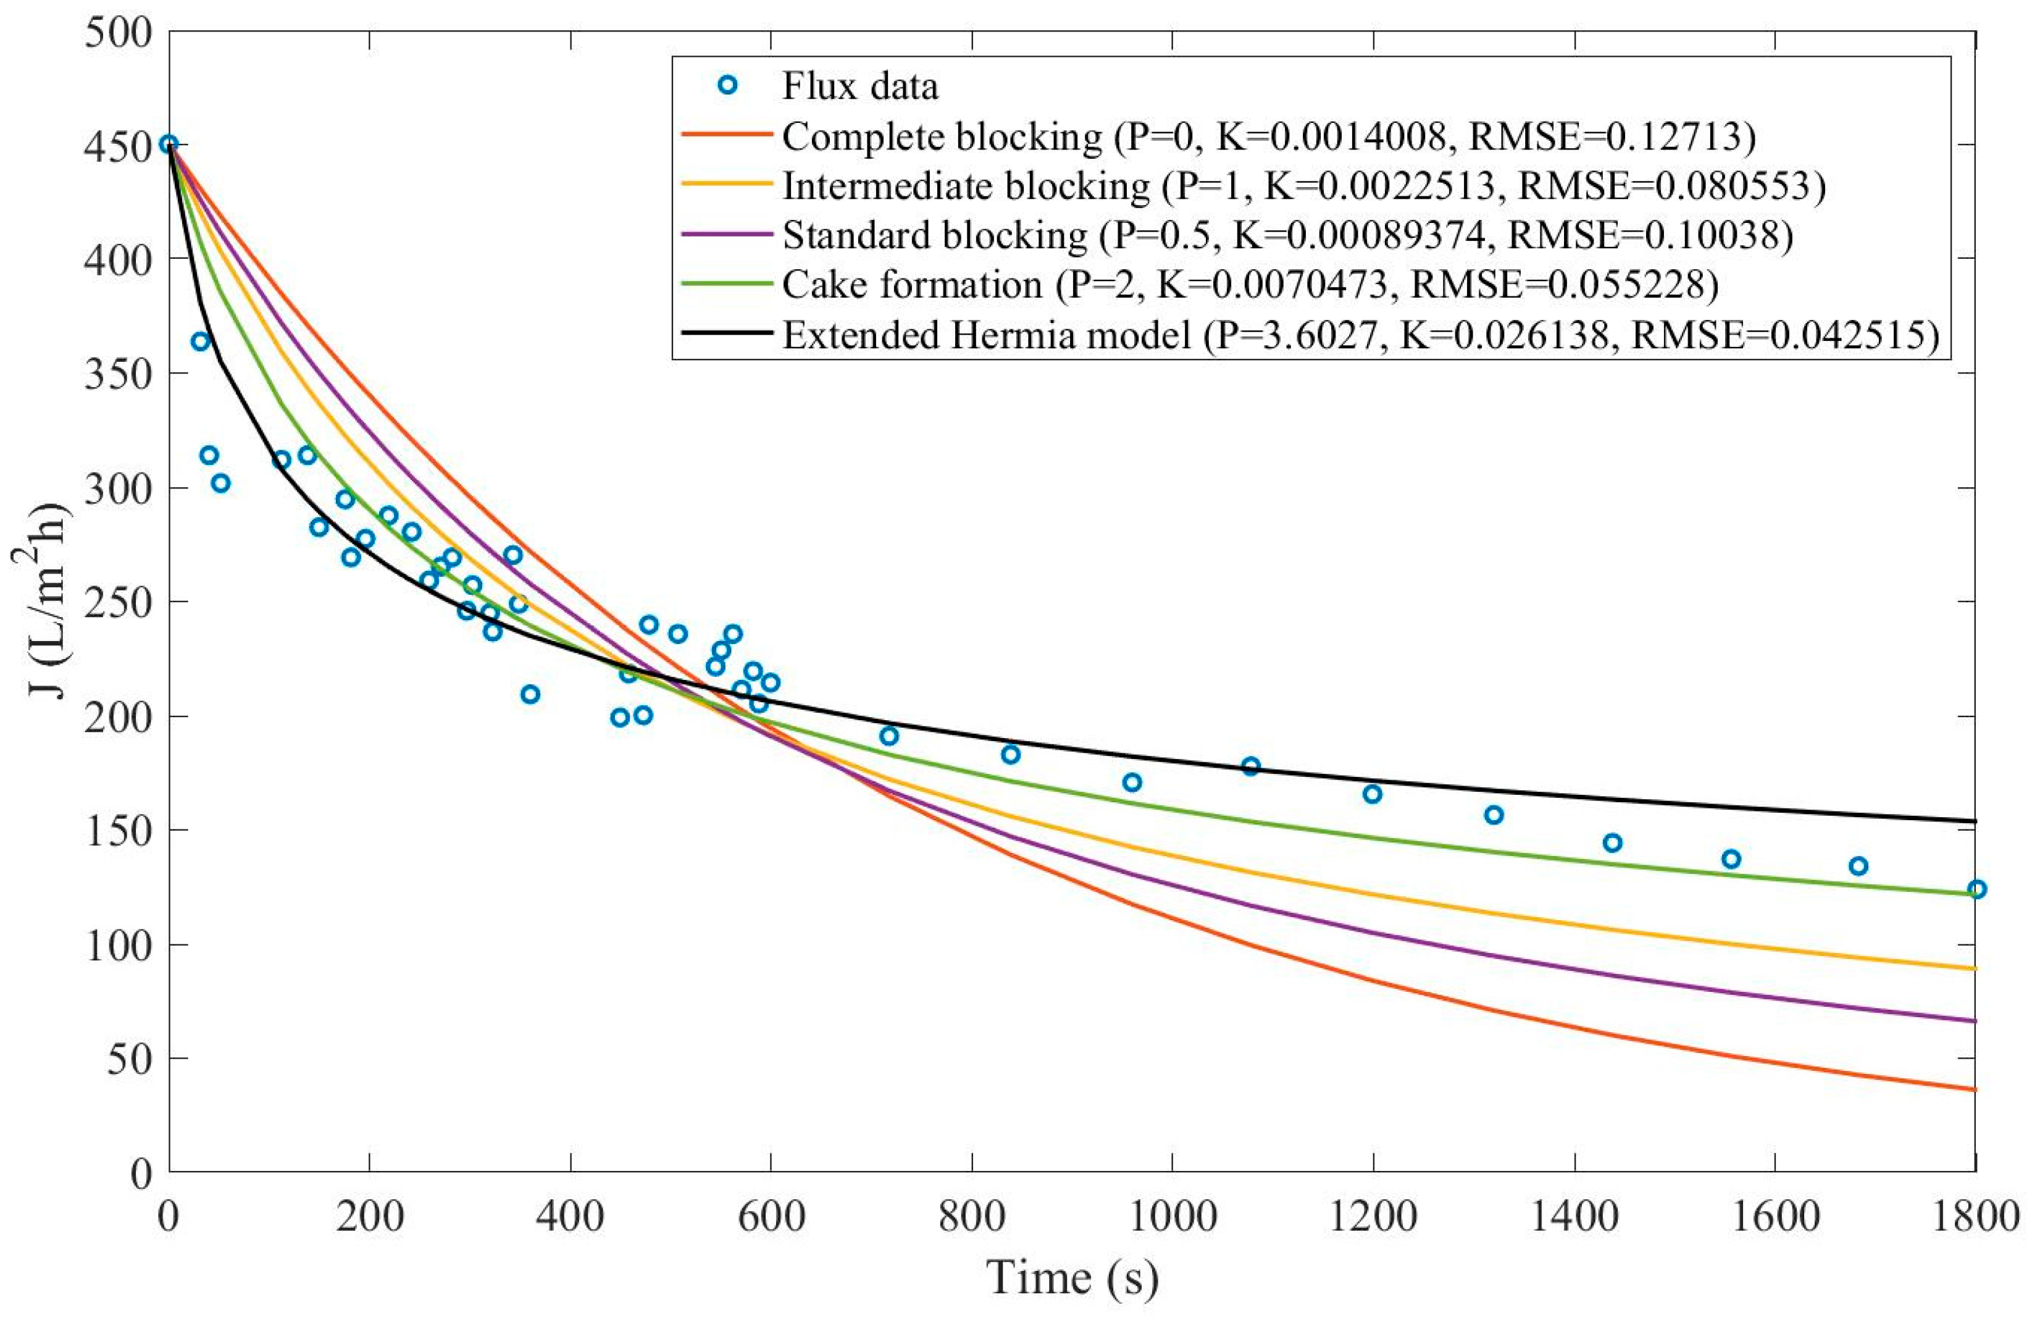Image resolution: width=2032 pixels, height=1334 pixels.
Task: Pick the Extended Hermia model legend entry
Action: pyautogui.click(x=1358, y=335)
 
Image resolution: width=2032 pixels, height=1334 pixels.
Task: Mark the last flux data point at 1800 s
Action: pyautogui.click(x=1976, y=889)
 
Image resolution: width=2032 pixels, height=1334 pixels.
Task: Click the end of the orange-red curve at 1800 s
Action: pyautogui.click(x=1974, y=1089)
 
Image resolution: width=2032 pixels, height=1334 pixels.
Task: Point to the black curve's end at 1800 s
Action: pyautogui.click(x=1974, y=821)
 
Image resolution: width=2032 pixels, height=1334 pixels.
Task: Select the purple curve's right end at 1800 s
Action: pyautogui.click(x=1974, y=1020)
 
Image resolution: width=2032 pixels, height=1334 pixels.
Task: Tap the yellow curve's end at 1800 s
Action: pyautogui.click(x=1974, y=968)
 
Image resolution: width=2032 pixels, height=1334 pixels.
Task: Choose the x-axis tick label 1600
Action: pyautogui.click(x=1774, y=1215)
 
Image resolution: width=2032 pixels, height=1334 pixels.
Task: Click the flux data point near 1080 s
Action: pyautogui.click(x=1251, y=766)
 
